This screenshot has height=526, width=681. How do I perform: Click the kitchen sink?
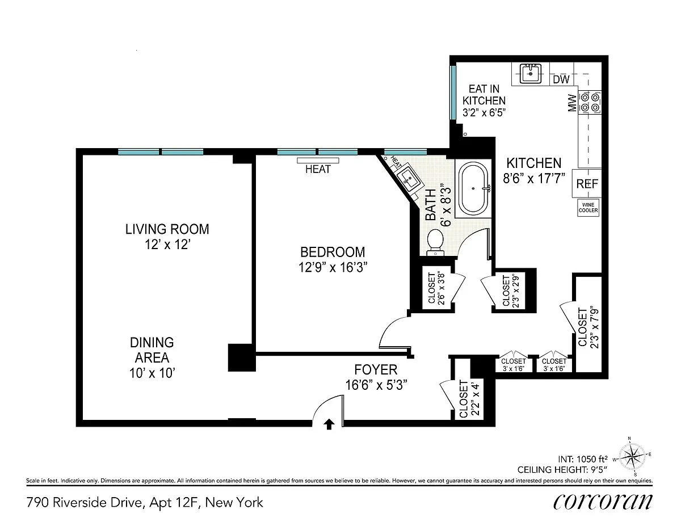[x=530, y=74]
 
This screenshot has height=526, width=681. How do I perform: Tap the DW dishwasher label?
[x=561, y=79]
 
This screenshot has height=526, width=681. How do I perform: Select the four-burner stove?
[x=590, y=103]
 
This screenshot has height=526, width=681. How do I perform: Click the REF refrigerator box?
[x=587, y=184]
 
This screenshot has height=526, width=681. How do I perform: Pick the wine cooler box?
[x=588, y=208]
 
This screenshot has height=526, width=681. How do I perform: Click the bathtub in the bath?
[x=473, y=188]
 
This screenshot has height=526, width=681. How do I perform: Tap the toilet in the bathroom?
[x=435, y=242]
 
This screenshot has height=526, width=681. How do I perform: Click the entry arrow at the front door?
[x=329, y=424]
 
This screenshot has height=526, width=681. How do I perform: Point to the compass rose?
[x=632, y=456]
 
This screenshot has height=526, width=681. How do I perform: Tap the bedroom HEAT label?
[x=318, y=169]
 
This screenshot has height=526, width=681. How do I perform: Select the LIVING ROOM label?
[x=167, y=229]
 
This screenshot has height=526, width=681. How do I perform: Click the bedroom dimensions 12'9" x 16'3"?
[x=333, y=268]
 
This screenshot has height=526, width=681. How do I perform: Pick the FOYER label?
[x=376, y=369]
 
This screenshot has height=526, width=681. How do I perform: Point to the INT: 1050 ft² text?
[x=583, y=459]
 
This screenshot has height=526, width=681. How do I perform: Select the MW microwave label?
[x=572, y=103]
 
